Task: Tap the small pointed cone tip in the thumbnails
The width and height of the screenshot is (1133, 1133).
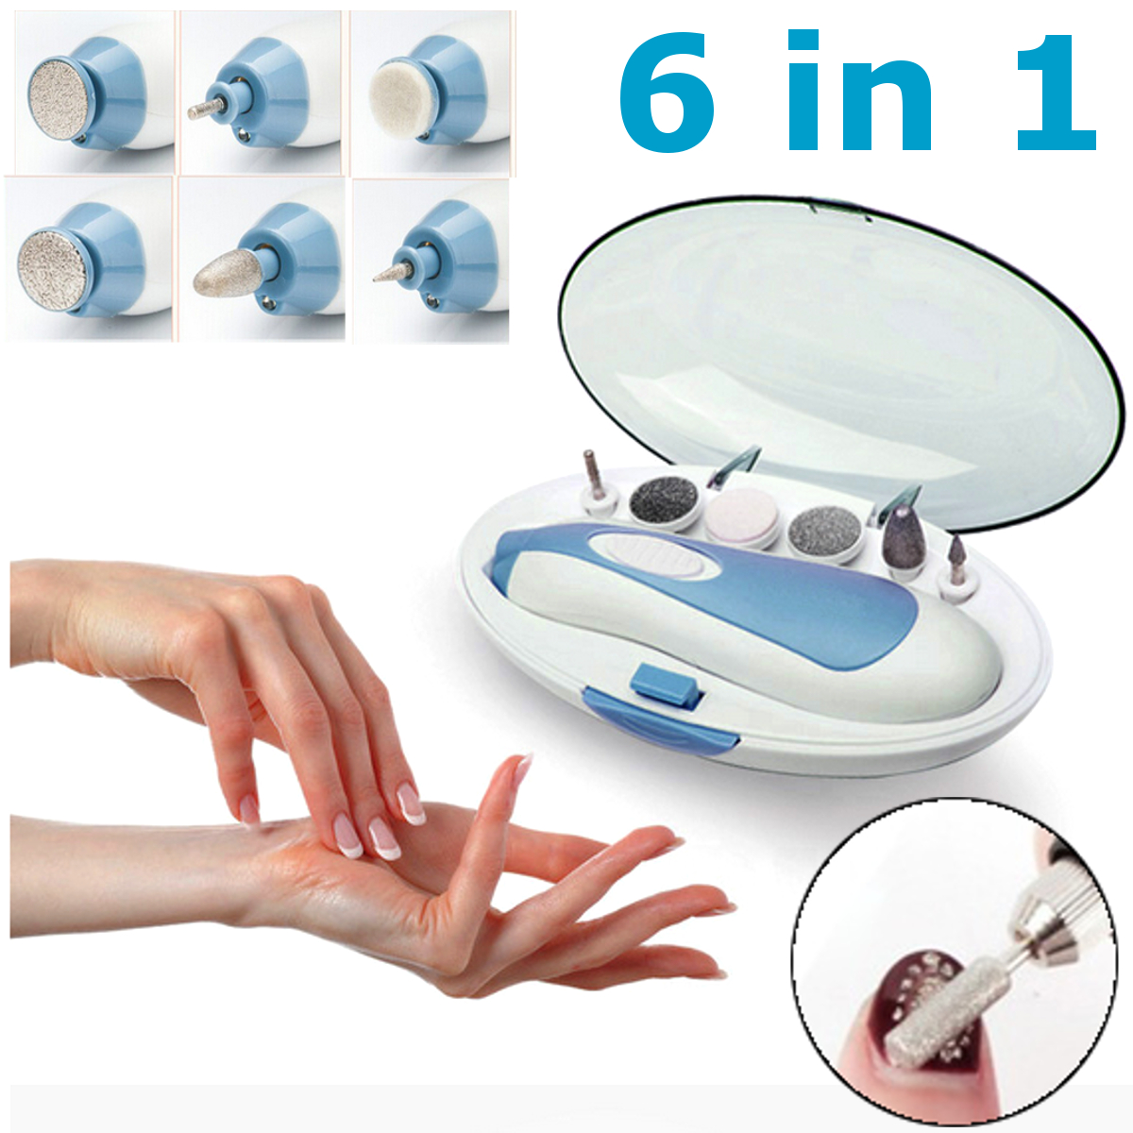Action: tap(394, 271)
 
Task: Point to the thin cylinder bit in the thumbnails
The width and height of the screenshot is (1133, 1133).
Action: tap(207, 110)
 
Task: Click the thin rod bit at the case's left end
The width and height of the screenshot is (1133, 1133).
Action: tap(593, 475)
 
